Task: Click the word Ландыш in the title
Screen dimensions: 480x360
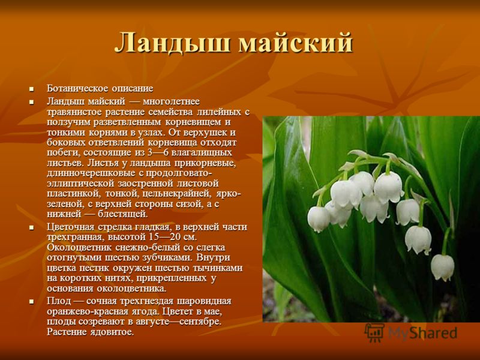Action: pos(172,43)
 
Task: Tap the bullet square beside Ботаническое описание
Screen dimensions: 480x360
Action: pos(31,89)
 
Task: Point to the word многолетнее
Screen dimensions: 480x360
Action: pos(171,101)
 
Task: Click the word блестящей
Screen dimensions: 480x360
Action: pos(123,214)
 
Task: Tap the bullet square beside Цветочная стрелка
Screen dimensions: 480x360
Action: pos(31,227)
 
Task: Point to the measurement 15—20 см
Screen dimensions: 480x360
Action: pos(173,237)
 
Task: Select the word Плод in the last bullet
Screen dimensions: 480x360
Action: pos(59,301)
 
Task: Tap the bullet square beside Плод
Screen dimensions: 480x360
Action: pos(31,302)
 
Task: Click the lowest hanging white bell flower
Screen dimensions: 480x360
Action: pos(442,267)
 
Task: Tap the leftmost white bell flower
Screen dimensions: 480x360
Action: pos(319,218)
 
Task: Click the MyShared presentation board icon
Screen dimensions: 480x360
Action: pos(374,332)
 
